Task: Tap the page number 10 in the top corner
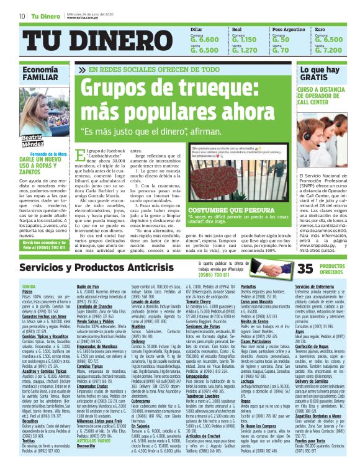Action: (22, 16)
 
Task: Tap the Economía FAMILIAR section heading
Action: (42, 74)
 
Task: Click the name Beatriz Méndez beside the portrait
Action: (32, 140)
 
